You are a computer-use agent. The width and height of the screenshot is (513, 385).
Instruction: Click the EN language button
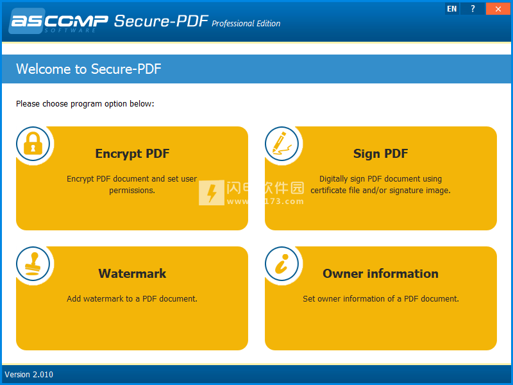point(452,9)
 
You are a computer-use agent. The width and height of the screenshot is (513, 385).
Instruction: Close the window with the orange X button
point(498,9)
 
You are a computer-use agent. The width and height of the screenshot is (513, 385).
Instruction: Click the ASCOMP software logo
point(58,21)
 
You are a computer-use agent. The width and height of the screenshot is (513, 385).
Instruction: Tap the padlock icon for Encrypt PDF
point(33,144)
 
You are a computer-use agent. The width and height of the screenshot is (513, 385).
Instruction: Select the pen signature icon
point(282,144)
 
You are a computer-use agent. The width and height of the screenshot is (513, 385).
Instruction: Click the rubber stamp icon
point(33,264)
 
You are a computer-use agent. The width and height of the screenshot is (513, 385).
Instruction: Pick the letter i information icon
point(282,264)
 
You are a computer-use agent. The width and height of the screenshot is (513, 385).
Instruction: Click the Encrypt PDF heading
point(132,154)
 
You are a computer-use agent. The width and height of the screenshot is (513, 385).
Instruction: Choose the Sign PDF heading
point(380,154)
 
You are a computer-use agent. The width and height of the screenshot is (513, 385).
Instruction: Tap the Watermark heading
point(132,273)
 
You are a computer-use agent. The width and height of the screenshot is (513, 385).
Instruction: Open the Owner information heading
point(380,273)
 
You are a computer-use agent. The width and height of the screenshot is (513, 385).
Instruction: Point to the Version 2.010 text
point(29,375)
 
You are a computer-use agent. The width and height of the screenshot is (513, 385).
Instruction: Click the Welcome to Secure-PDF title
point(88,69)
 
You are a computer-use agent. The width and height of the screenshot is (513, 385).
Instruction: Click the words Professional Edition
point(246,24)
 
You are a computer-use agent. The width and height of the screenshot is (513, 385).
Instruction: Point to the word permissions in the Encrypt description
point(132,190)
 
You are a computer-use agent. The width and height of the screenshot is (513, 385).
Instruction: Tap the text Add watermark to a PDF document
point(132,298)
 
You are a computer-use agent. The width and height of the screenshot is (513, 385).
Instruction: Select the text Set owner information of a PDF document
point(381,298)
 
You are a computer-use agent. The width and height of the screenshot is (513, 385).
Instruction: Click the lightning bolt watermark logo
point(212,193)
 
